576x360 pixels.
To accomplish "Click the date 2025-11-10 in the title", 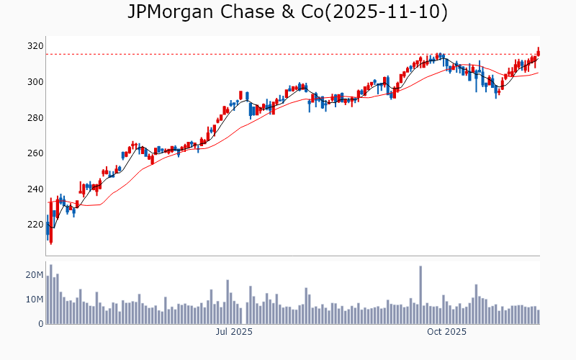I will pos(386,12).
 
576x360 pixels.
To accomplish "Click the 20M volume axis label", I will pos(35,275).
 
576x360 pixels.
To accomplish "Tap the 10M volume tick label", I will pos(35,300).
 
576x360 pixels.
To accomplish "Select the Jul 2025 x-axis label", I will pos(234,332).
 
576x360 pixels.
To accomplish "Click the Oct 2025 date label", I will pos(446,332).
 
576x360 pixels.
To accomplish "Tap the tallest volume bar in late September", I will pos(420,295).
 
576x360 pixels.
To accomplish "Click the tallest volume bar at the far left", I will pos(51,294).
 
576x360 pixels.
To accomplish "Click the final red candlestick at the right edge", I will pos(538,51).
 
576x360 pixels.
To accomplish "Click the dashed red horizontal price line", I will pos(288,54).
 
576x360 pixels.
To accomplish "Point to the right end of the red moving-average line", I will pos(537,72).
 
